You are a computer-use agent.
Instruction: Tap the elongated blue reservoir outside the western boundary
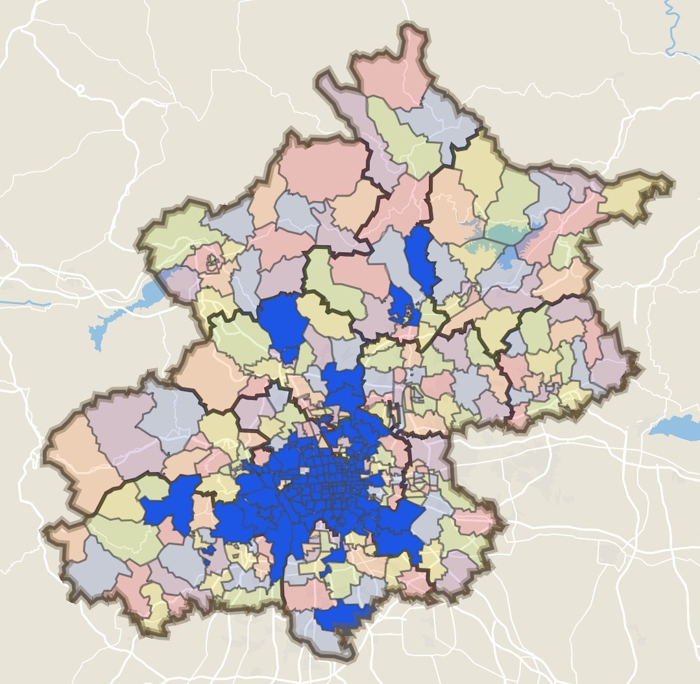123,312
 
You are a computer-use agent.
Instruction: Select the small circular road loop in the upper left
80,89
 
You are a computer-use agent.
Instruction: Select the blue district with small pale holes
404,307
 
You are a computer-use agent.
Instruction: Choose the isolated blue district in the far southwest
170,503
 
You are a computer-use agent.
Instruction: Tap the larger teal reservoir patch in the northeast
505,233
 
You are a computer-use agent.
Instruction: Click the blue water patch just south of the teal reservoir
509,259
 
